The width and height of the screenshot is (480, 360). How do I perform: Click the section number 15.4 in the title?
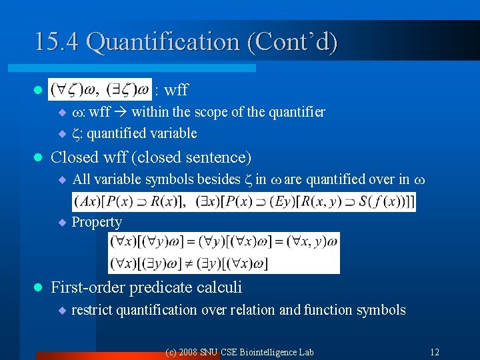coord(57,42)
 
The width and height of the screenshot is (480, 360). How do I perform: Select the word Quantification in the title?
coord(163,42)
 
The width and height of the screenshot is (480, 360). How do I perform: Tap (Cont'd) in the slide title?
coord(293,42)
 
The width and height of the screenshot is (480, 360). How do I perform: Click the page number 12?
coord(435,352)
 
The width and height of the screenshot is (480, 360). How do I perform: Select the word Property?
coord(97,222)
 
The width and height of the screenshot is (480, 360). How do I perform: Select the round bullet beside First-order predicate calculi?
coord(38,288)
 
